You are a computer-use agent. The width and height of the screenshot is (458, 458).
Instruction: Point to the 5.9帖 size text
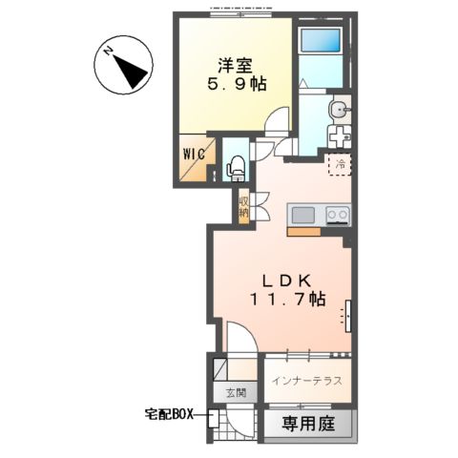pos(235,85)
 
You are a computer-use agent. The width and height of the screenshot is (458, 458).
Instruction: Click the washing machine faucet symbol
pos(339,136)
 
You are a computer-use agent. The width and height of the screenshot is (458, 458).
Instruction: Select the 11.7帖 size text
pos(287,300)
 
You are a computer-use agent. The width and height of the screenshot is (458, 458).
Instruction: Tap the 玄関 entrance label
pos(236,392)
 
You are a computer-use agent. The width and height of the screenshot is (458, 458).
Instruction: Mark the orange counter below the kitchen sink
pos(303,230)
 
